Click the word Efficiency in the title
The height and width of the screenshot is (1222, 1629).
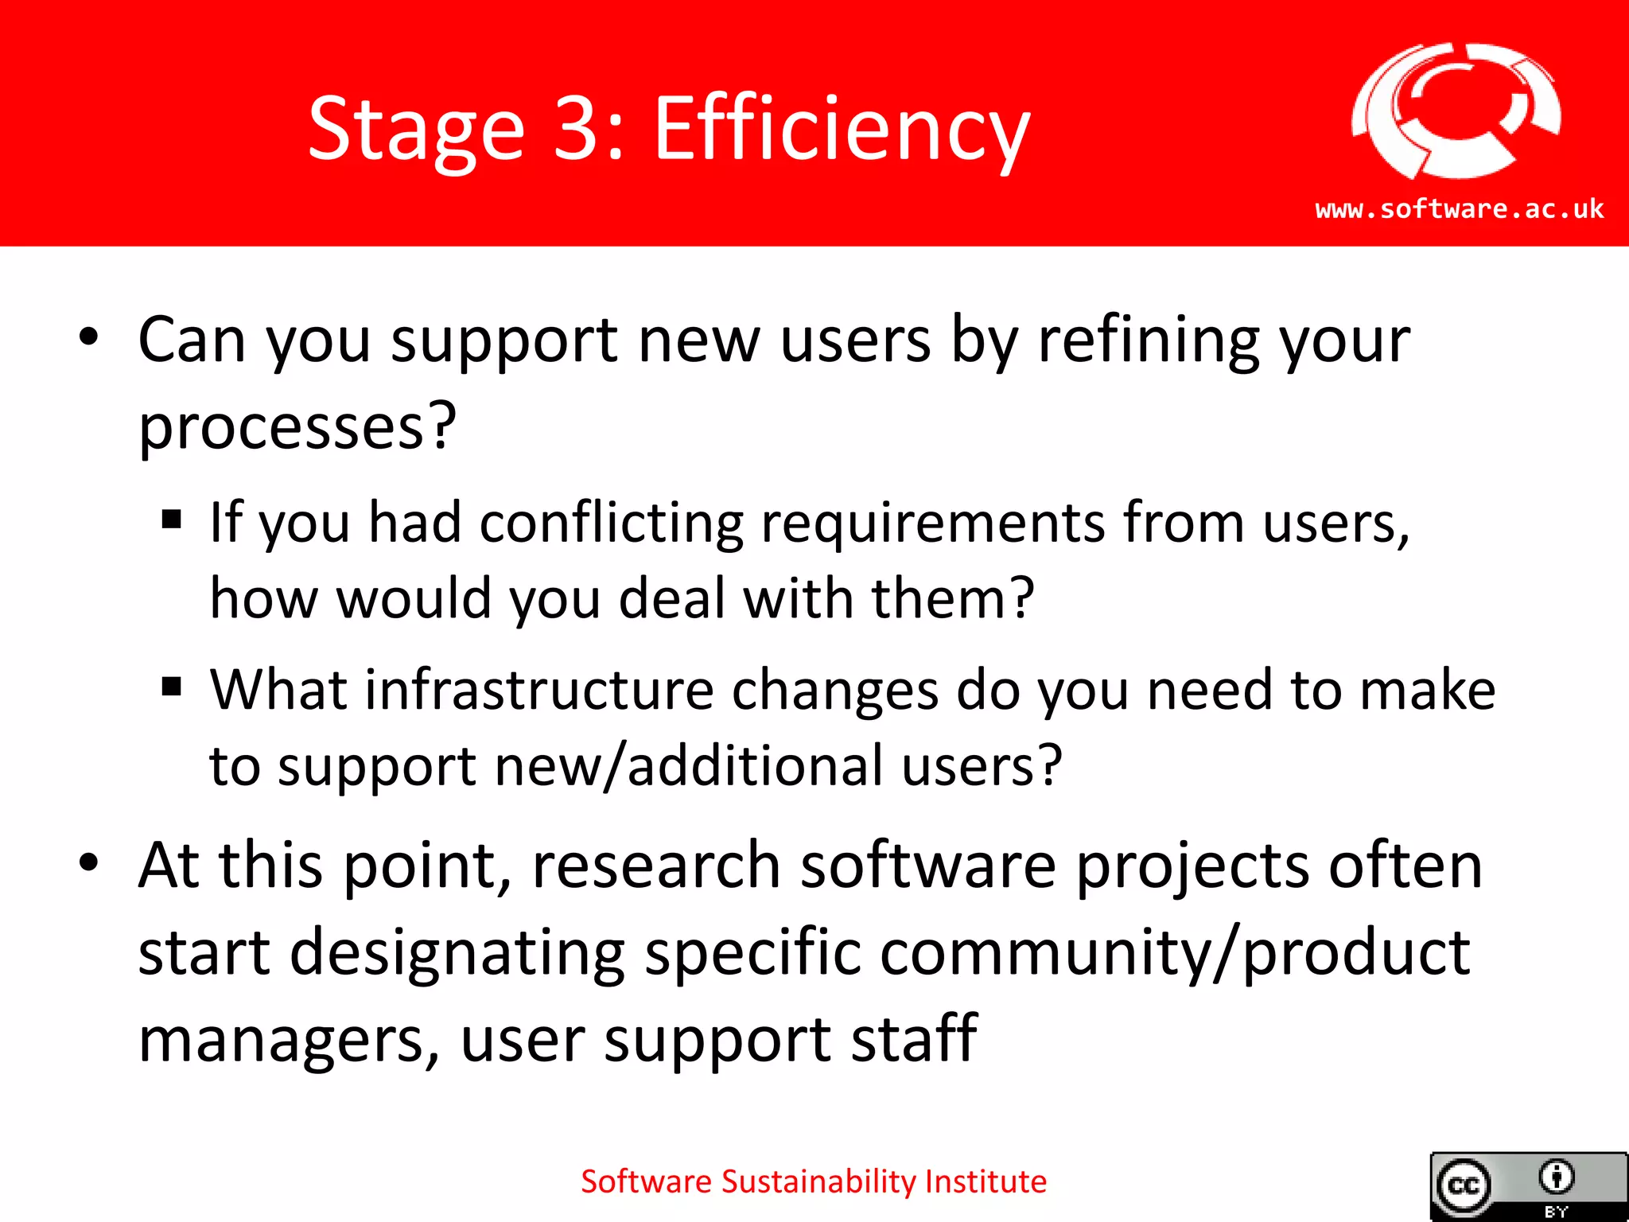[x=842, y=130]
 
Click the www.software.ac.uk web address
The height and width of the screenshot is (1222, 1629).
[x=1459, y=209]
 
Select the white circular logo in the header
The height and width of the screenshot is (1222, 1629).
[x=1456, y=110]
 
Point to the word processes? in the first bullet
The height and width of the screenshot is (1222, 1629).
[x=297, y=428]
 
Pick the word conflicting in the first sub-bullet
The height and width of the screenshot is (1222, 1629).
[x=611, y=523]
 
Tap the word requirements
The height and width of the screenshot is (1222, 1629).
[x=932, y=525]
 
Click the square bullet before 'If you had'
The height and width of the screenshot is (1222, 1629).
[x=171, y=520]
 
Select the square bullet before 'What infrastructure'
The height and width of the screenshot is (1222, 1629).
[x=171, y=686]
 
